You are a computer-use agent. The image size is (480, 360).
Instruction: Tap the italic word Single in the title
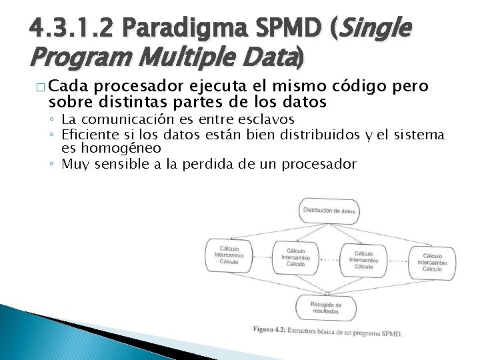[x=375, y=29]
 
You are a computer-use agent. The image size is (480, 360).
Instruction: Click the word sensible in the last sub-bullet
[x=120, y=163]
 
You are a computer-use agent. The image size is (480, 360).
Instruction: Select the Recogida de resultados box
[x=325, y=307]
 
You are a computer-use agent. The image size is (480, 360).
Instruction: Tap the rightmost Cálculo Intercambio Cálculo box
[x=431, y=263]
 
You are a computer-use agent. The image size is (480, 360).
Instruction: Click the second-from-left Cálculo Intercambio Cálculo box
[x=295, y=257]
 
